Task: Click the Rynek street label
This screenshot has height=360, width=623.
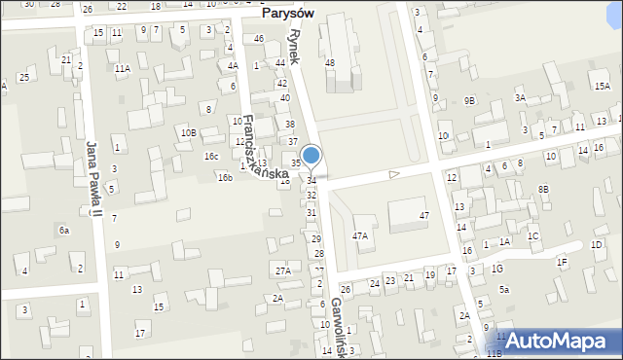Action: tap(297, 44)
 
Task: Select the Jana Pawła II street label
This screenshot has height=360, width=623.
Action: tap(93, 176)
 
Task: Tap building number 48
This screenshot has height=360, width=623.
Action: tap(330, 63)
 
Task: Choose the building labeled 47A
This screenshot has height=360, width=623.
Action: tap(360, 235)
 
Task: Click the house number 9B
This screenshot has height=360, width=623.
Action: tap(470, 100)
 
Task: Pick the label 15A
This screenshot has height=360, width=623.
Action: tap(603, 87)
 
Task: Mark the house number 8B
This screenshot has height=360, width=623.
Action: tap(543, 189)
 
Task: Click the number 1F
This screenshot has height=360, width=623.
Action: tap(562, 262)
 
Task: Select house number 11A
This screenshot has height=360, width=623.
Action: tap(122, 69)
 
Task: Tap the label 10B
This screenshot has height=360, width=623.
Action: tap(188, 132)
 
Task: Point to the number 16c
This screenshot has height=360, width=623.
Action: tap(210, 157)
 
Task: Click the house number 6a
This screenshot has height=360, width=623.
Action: tap(64, 230)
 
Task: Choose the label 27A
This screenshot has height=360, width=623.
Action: tap(282, 270)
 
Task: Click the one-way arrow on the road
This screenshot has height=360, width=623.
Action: tap(394, 174)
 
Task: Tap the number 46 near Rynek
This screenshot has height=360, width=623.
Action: tap(258, 39)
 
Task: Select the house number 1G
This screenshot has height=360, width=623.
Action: tap(497, 269)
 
